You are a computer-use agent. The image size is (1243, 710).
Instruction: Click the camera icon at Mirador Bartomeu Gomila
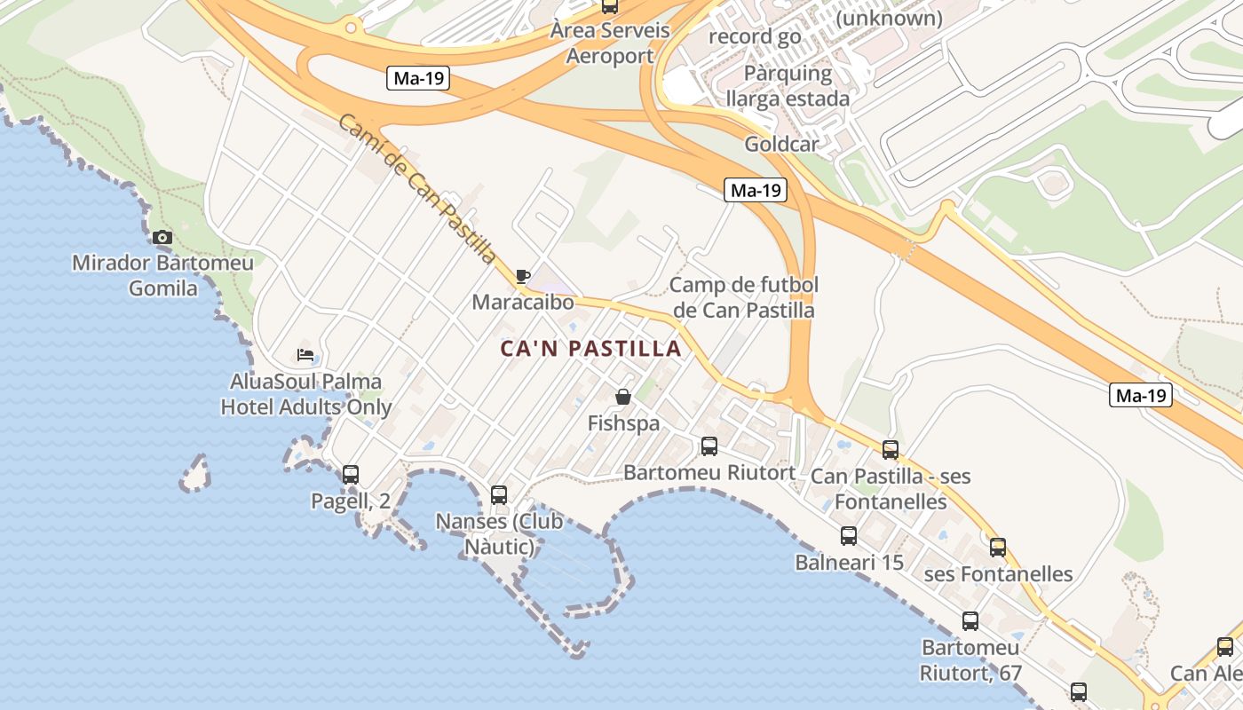(162, 237)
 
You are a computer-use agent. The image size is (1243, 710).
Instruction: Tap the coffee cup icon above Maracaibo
(523, 276)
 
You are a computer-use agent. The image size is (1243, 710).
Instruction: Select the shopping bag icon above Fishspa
(623, 397)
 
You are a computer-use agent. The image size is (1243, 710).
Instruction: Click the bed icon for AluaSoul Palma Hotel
(305, 355)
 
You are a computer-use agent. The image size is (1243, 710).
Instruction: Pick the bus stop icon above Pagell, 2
(351, 474)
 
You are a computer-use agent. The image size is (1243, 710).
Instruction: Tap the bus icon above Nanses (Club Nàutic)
(499, 494)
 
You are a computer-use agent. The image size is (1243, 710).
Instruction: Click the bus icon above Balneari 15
(849, 535)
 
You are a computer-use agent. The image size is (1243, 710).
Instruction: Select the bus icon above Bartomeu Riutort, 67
(970, 621)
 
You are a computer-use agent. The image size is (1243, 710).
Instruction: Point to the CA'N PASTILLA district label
(591, 349)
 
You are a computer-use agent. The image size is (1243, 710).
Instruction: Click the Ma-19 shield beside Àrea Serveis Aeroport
(418, 78)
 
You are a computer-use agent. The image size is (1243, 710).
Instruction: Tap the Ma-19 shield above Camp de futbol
(756, 189)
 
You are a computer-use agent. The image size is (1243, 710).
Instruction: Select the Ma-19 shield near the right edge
(1141, 395)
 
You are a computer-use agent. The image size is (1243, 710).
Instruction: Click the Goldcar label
(781, 144)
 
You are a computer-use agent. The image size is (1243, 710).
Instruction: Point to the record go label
(755, 36)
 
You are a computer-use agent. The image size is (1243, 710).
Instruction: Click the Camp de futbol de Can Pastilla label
(743, 297)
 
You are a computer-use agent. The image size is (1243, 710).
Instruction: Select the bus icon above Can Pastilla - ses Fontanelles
(891, 450)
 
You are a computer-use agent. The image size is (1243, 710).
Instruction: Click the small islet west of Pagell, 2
(195, 474)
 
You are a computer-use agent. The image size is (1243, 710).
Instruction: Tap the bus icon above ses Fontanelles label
(998, 547)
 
